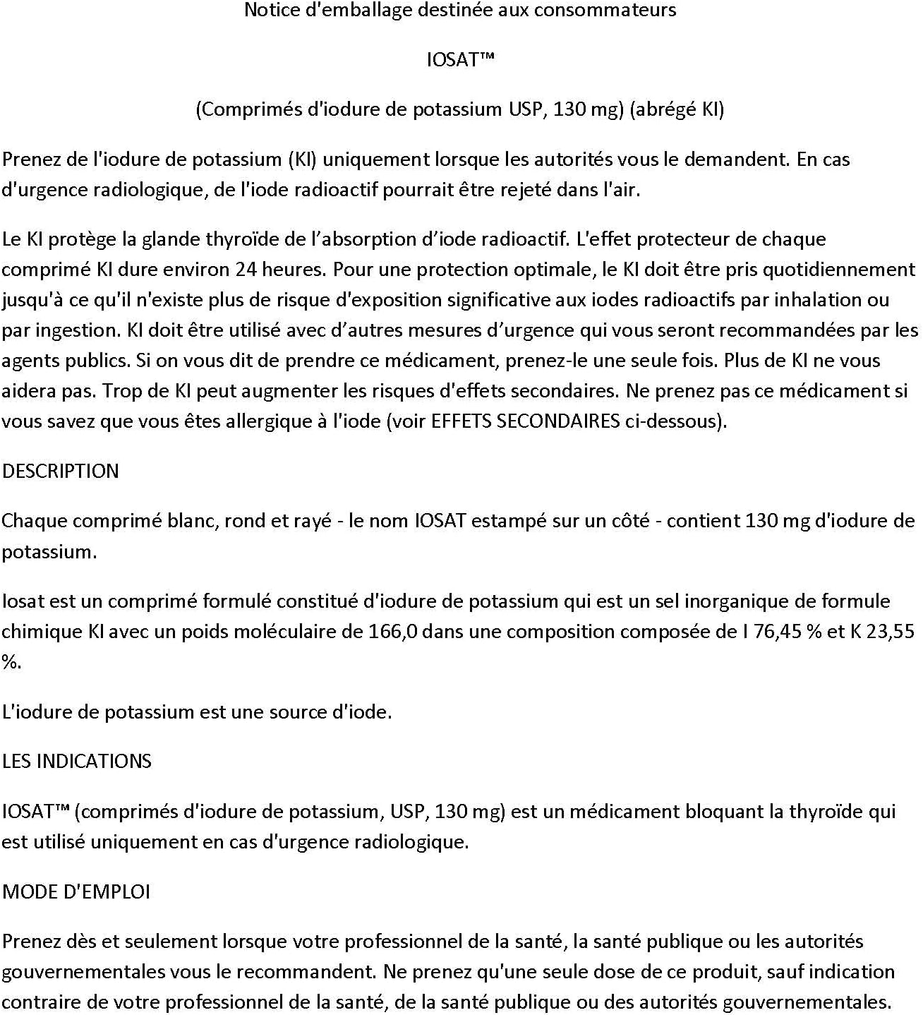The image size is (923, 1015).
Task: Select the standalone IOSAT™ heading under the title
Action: (460, 59)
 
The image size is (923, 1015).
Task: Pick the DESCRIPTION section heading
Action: (61, 471)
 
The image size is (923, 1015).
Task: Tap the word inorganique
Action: (750, 601)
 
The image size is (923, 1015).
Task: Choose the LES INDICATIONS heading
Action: (77, 761)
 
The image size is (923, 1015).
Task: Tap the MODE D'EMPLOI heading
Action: (76, 891)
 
